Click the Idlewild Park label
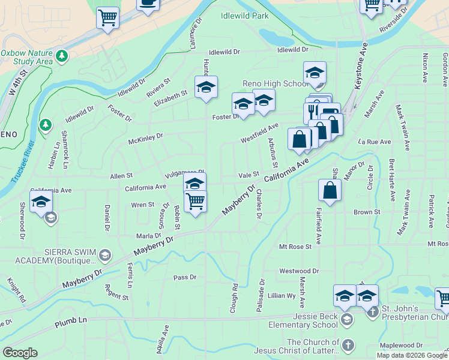244,16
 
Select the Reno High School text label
275,83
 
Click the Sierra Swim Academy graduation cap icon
106,256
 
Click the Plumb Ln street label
71,320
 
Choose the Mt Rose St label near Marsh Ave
295,247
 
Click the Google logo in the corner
20,352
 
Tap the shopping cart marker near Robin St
195,202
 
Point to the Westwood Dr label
298,271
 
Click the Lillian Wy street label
282,296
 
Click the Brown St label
367,212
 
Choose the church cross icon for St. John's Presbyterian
373,311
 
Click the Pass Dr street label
185,277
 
